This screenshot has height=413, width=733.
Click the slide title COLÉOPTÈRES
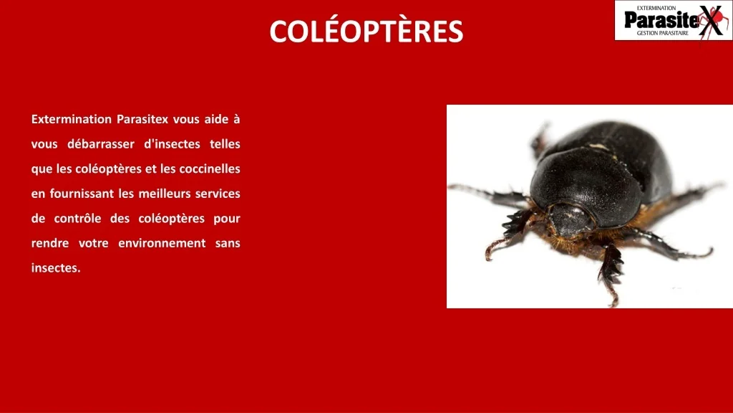(366, 32)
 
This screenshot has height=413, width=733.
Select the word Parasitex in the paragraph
(142, 119)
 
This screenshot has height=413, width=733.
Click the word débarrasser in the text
(100, 144)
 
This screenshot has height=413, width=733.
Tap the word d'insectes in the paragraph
(172, 144)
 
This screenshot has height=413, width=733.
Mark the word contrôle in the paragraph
(78, 219)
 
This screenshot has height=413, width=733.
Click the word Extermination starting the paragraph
(72, 119)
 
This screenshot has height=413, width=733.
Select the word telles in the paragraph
(225, 144)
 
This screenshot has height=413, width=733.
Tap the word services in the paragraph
(218, 194)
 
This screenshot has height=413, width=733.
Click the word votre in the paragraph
(93, 243)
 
